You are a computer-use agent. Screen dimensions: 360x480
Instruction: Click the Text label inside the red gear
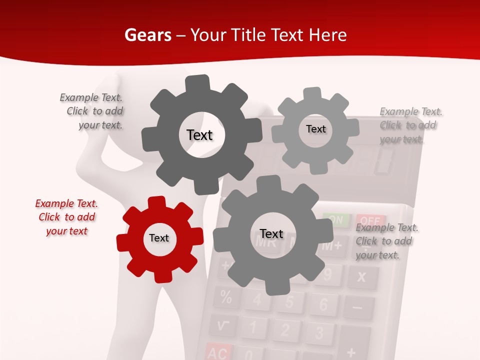click(x=159, y=238)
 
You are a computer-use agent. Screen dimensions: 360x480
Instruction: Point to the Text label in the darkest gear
click(x=199, y=135)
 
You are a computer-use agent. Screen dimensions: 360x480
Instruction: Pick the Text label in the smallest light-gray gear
click(x=315, y=129)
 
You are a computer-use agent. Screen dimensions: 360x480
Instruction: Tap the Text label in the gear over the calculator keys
click(x=271, y=233)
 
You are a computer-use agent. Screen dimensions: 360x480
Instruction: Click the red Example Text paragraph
click(x=66, y=217)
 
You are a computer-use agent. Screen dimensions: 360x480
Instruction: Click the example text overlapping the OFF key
click(x=386, y=241)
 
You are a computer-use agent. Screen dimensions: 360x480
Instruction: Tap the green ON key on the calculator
click(x=336, y=219)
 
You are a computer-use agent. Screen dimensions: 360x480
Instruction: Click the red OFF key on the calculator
click(x=370, y=220)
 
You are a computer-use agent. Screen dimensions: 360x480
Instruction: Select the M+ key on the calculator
click(x=332, y=245)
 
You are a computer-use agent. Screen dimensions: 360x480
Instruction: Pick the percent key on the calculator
click(x=226, y=298)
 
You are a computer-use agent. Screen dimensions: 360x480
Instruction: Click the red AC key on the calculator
click(x=218, y=352)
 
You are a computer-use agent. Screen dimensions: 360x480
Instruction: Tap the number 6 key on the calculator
click(x=323, y=304)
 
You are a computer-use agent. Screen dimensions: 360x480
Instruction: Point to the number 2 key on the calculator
click(x=285, y=330)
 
